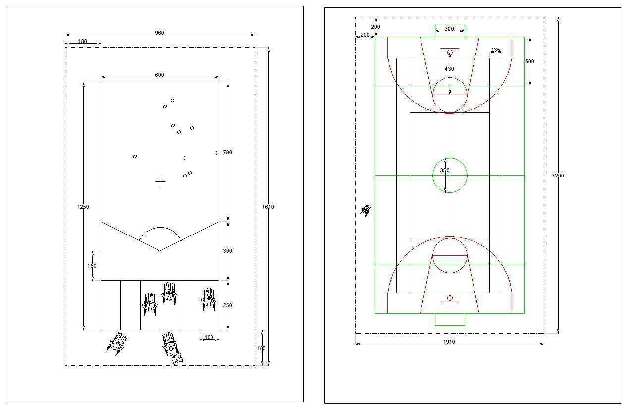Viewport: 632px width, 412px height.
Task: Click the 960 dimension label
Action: (x=159, y=33)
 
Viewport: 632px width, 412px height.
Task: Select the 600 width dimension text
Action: (x=159, y=75)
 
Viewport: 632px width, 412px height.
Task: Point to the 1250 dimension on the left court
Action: (x=83, y=207)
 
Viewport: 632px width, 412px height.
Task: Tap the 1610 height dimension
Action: (x=268, y=207)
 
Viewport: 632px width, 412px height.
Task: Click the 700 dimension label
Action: (x=227, y=152)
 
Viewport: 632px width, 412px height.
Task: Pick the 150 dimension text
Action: (x=92, y=266)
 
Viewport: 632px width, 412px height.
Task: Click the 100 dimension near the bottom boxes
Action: (x=209, y=338)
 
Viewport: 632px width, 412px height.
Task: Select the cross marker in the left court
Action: (x=160, y=182)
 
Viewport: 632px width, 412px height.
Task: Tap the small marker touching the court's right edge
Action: (x=216, y=153)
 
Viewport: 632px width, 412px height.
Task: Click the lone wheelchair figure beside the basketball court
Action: (x=366, y=210)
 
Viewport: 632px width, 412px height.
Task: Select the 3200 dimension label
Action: (x=558, y=176)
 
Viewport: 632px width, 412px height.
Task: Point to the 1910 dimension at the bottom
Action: (x=449, y=342)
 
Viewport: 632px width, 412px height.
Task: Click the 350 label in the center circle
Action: (x=445, y=170)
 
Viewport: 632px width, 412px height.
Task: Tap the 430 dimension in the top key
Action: (x=449, y=69)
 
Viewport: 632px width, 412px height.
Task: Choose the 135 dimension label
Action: (x=496, y=50)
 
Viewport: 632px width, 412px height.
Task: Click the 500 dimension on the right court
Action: (x=529, y=61)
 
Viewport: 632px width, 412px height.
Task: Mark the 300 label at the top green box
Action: (x=449, y=29)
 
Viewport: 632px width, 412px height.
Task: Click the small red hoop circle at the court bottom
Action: (x=450, y=298)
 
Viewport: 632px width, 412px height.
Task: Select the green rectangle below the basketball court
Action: (x=450, y=320)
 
